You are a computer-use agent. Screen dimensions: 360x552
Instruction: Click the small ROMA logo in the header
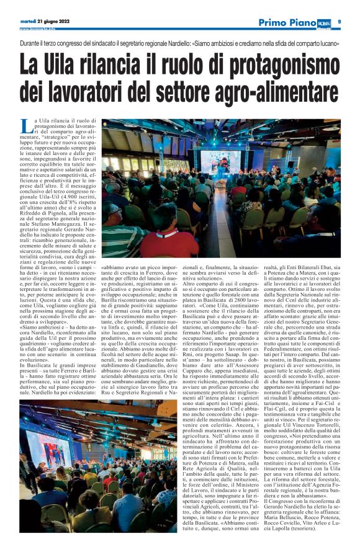324,22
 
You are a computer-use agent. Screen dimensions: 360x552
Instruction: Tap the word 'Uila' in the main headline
69,65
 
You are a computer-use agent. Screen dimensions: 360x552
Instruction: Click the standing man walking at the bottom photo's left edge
24,490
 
